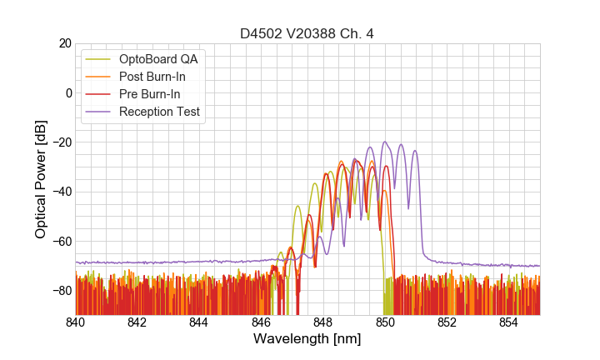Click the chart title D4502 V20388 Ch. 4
click(307, 33)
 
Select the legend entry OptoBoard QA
click(157, 59)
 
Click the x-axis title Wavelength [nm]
click(307, 339)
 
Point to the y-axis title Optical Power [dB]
click(41, 179)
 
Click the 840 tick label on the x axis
click(76, 322)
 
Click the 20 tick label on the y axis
click(63, 43)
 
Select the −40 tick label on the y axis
click(60, 192)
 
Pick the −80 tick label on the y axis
click(60, 291)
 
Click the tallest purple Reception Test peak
click(385, 142)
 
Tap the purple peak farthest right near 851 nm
click(415, 151)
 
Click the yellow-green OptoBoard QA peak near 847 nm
click(297, 206)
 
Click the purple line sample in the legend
click(98, 112)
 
